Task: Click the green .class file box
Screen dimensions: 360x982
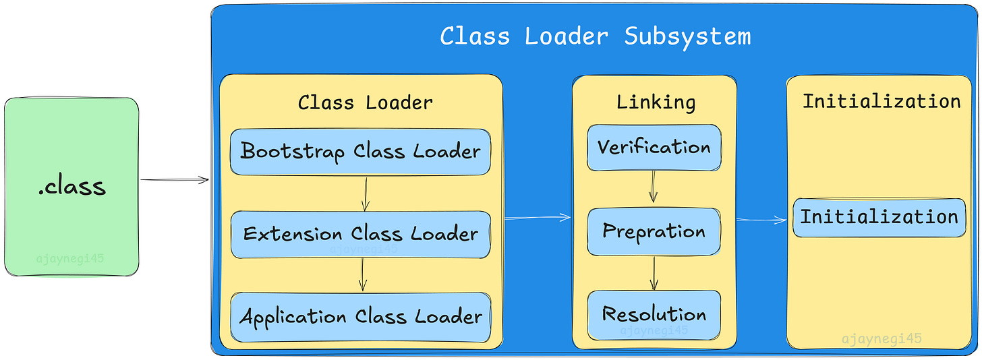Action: tap(71, 186)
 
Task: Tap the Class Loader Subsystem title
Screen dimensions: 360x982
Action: tap(595, 36)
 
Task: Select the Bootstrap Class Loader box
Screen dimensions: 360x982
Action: tap(360, 152)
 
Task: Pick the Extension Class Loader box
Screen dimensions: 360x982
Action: tap(360, 235)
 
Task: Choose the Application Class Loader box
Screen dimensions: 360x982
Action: tap(360, 317)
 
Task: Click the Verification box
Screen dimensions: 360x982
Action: tap(654, 148)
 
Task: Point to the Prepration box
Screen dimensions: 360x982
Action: tap(654, 232)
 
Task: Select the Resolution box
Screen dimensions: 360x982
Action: tap(654, 315)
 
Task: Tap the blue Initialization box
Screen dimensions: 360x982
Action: tap(879, 217)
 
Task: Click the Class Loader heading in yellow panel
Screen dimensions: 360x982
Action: tap(365, 102)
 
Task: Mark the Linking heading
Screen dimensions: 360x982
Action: tap(656, 102)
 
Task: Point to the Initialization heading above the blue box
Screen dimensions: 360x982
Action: tap(881, 101)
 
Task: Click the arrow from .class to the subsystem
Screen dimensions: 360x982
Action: tap(174, 180)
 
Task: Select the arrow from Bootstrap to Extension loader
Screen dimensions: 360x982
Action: tap(364, 193)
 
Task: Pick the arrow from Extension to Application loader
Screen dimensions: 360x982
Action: tap(363, 275)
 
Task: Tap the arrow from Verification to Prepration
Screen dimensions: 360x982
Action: tap(653, 187)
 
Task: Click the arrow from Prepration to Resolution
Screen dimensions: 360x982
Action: tap(653, 273)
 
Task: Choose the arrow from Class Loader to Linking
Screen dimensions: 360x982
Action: tap(538, 217)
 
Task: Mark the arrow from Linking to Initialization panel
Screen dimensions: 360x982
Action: tap(761, 220)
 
